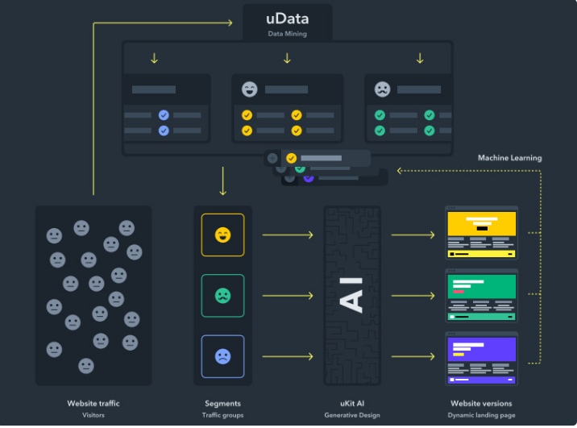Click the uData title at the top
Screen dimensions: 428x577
pyautogui.click(x=287, y=19)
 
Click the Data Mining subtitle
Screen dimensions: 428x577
pyautogui.click(x=287, y=34)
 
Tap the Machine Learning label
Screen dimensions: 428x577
pyautogui.click(x=509, y=158)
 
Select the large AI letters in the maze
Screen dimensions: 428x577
pyautogui.click(x=352, y=294)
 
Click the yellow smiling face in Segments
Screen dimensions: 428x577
pyautogui.click(x=222, y=235)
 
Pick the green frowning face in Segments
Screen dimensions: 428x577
pyautogui.click(x=222, y=296)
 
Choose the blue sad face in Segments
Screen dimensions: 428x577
pyautogui.click(x=222, y=356)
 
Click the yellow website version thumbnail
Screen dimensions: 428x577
pyautogui.click(x=482, y=233)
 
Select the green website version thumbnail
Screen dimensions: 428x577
pyautogui.click(x=482, y=294)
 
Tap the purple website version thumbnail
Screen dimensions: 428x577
pyautogui.click(x=482, y=356)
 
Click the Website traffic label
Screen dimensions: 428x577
pyautogui.click(x=93, y=403)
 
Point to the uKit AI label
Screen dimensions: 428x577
pyautogui.click(x=351, y=403)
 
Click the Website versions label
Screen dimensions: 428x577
pyautogui.click(x=480, y=403)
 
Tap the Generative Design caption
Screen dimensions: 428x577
pyautogui.click(x=351, y=415)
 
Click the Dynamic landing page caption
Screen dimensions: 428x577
pyautogui.click(x=480, y=415)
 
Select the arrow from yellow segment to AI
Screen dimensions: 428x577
pyautogui.click(x=287, y=235)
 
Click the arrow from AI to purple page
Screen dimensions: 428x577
pyautogui.click(x=413, y=356)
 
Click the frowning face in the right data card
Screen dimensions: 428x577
pyautogui.click(x=382, y=89)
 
